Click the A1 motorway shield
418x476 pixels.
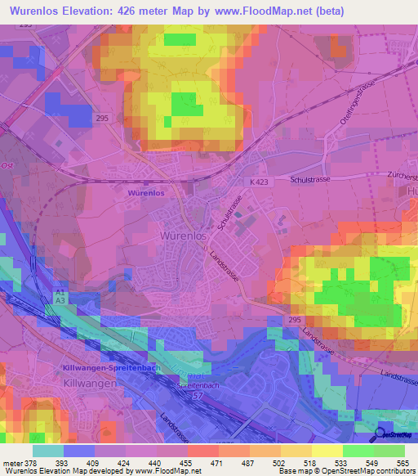coord(60,291)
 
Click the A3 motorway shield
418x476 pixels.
coord(60,300)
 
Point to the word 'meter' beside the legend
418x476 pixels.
coord(11,463)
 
